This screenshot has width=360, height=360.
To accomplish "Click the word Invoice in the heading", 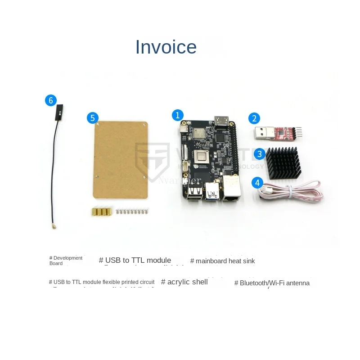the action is (x=166, y=47).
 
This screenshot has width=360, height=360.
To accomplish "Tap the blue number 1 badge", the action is (x=178, y=115).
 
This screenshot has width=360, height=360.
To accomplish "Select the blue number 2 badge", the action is (x=254, y=118).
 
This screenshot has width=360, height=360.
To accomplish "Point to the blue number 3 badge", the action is (x=259, y=154).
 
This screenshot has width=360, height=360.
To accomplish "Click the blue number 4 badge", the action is (x=257, y=183).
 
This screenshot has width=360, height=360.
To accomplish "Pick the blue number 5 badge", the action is (x=92, y=118).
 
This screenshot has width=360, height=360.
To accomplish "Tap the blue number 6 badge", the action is (x=51, y=100).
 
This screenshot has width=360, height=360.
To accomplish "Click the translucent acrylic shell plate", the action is (x=120, y=160).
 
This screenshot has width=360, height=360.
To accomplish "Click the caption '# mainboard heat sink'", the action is (x=222, y=261).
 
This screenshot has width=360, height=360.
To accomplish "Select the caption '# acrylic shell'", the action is (x=184, y=282).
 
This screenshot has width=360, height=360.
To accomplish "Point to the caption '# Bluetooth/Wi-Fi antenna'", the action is (x=272, y=283).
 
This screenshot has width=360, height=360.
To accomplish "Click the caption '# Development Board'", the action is (x=66, y=261).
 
